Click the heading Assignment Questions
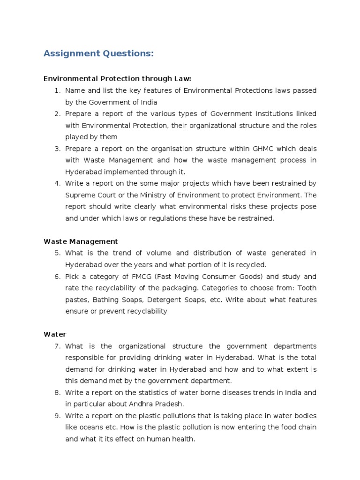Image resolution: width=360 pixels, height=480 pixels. pos(98,54)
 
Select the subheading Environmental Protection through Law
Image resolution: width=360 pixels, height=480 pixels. pos(117,79)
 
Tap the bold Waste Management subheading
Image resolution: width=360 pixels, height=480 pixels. pos(81,241)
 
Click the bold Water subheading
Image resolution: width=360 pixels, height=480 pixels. pos(55,334)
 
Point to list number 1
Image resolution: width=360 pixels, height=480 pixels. pos(58,90)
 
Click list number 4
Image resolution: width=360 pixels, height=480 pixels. pos(58,183)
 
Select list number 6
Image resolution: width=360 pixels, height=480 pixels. pos(58,277)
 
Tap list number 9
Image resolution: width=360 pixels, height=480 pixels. pos(58,416)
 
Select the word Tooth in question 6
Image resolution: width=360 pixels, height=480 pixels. pos(307,288)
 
